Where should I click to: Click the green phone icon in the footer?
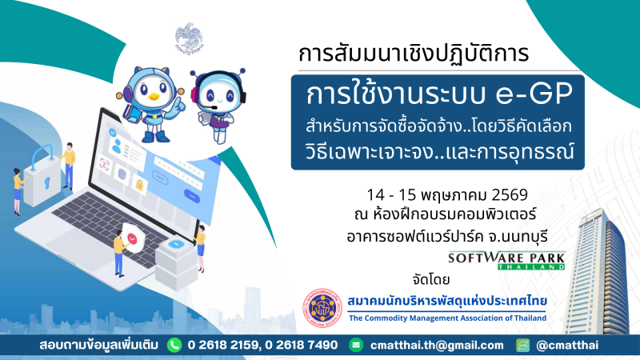tap(174, 345)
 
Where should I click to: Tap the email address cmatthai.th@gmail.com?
tap(438, 345)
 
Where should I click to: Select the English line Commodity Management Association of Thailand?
tap(447, 318)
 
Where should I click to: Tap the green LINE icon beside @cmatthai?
tap(522, 345)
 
